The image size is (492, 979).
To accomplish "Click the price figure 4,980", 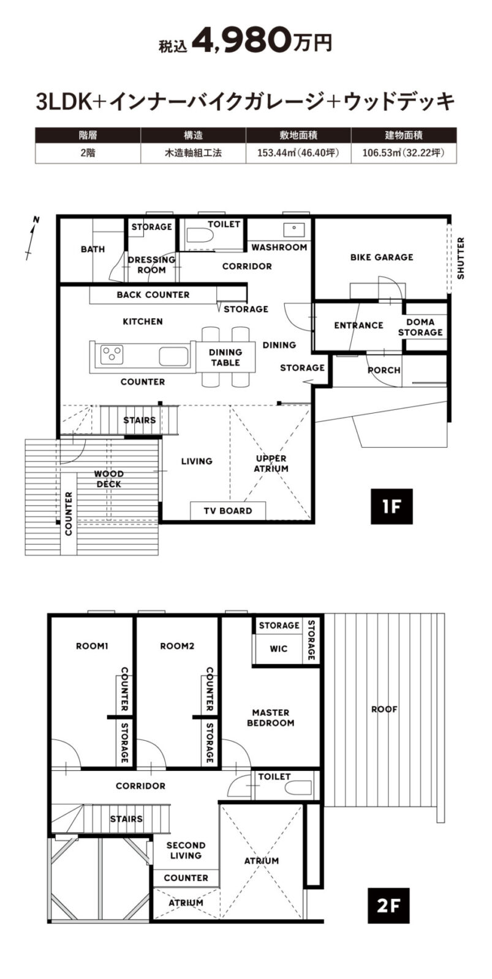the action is (241, 40).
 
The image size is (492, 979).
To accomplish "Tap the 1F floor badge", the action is (392, 507).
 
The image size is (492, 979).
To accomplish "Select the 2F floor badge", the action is (388, 905).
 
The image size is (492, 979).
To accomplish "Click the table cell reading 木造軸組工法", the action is (193, 153).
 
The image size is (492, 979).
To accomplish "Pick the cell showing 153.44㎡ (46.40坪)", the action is (298, 153).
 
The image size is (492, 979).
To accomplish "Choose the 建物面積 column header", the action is (404, 135).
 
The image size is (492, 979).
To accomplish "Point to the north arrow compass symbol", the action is (32, 238).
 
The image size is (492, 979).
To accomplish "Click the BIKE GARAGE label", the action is (382, 258).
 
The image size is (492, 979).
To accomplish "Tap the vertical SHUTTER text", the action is (461, 258).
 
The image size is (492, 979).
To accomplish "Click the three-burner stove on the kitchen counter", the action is (112, 354).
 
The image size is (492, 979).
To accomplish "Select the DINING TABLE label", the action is (225, 357).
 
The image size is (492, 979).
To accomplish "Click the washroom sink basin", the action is (295, 229).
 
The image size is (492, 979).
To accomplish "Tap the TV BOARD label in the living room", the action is (227, 511).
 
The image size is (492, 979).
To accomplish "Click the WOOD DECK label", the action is (109, 479).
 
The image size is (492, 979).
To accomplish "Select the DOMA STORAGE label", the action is (421, 327).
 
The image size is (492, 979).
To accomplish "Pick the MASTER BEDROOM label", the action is (271, 718).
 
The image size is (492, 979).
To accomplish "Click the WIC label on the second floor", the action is (278, 649).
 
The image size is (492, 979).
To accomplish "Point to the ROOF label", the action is (384, 709).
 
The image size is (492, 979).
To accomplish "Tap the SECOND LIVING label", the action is (186, 849).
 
